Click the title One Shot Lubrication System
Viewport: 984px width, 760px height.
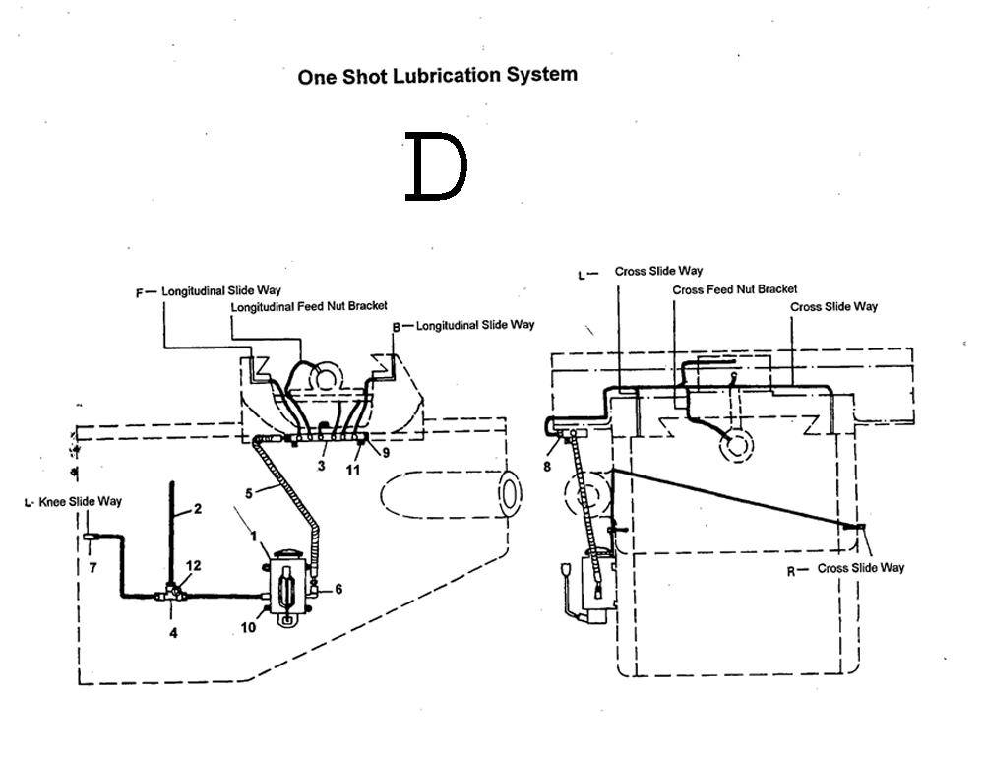pos(437,76)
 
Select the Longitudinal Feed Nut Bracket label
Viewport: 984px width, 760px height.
pos(309,307)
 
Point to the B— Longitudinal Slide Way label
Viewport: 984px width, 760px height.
pos(463,325)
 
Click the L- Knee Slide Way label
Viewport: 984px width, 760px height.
pos(74,502)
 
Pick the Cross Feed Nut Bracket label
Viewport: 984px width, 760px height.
pos(734,289)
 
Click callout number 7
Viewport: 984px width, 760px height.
pos(92,569)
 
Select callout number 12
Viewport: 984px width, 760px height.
pos(194,565)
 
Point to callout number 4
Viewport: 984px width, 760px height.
pos(173,633)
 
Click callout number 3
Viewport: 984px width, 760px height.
pos(321,464)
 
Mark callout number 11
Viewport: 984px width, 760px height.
pos(353,470)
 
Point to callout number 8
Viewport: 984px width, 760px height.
pos(547,467)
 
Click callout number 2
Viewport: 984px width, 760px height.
pos(197,509)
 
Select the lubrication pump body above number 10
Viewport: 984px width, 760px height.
pos(284,586)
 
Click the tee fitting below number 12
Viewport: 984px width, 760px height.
pos(173,594)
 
